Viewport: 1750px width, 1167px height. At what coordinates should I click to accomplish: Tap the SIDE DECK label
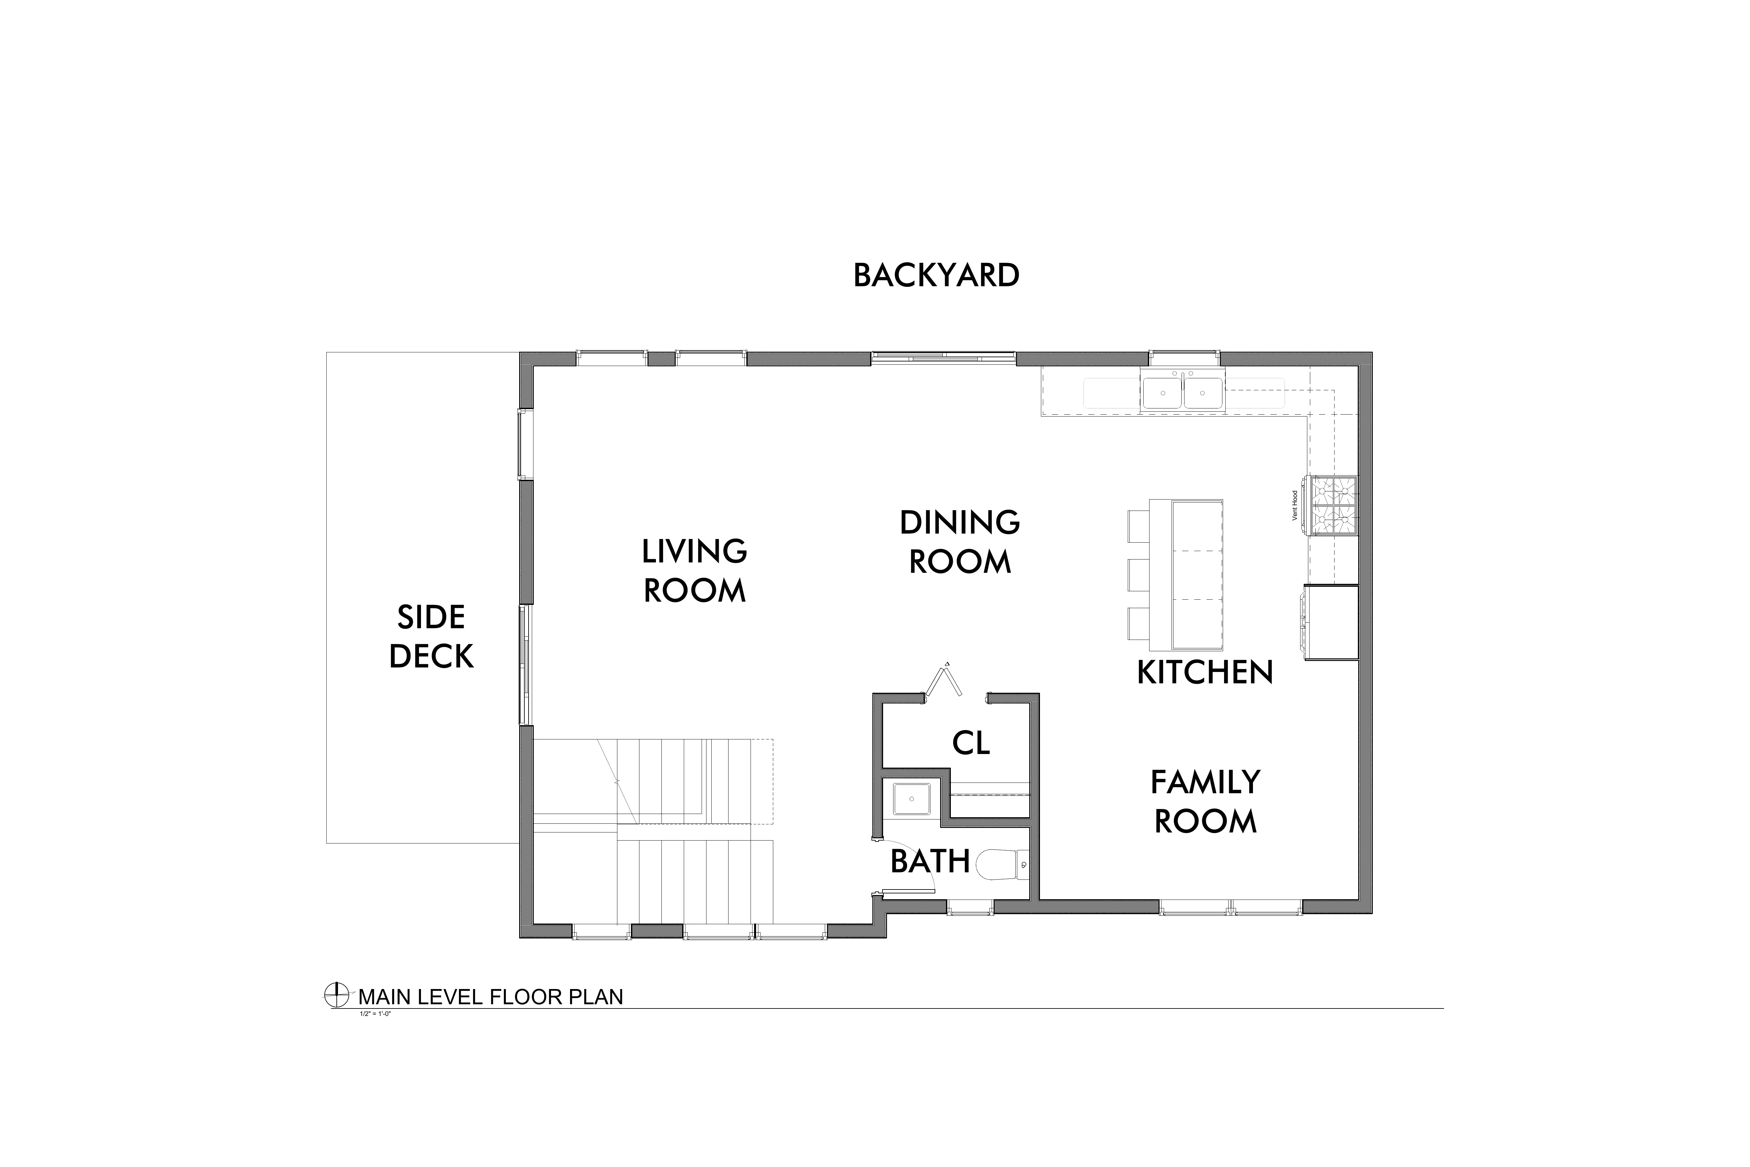click(x=432, y=636)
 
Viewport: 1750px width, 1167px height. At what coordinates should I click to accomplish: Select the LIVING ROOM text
click(x=694, y=571)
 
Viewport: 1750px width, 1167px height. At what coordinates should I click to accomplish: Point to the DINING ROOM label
click(x=960, y=542)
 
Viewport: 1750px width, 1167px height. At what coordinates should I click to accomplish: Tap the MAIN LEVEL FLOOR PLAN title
click(x=491, y=997)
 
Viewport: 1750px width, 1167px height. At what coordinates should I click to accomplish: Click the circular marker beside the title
click(x=337, y=995)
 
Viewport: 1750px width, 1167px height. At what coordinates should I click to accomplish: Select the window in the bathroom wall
click(x=970, y=906)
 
